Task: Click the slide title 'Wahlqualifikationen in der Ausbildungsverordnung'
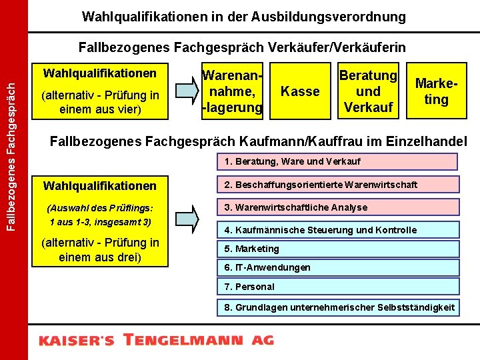(x=243, y=16)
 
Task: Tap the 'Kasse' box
(x=300, y=91)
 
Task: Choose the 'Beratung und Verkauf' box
(x=368, y=91)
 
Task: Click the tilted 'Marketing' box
(x=436, y=91)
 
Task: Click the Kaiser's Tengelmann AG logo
(x=156, y=340)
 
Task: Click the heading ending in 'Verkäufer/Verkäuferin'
(x=241, y=47)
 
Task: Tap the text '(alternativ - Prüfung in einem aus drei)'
(x=100, y=250)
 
